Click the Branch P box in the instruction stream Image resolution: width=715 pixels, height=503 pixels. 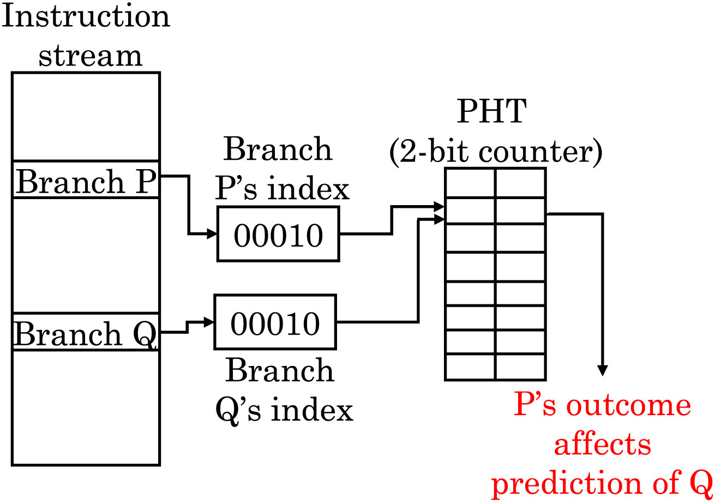tap(86, 180)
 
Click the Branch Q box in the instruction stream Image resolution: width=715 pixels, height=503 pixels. tap(86, 332)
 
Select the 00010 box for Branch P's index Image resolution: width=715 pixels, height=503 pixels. tap(278, 234)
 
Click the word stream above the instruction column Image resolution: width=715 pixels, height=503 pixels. tap(90, 55)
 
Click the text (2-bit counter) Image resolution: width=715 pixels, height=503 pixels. tap(495, 152)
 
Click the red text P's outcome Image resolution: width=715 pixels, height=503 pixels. tap(602, 406)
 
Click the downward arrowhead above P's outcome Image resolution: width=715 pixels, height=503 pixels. tap(602, 370)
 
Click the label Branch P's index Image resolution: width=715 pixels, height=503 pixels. tap(281, 169)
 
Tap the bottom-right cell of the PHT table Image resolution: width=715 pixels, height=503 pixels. tap(520, 367)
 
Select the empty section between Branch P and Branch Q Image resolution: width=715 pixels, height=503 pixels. tap(86, 255)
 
